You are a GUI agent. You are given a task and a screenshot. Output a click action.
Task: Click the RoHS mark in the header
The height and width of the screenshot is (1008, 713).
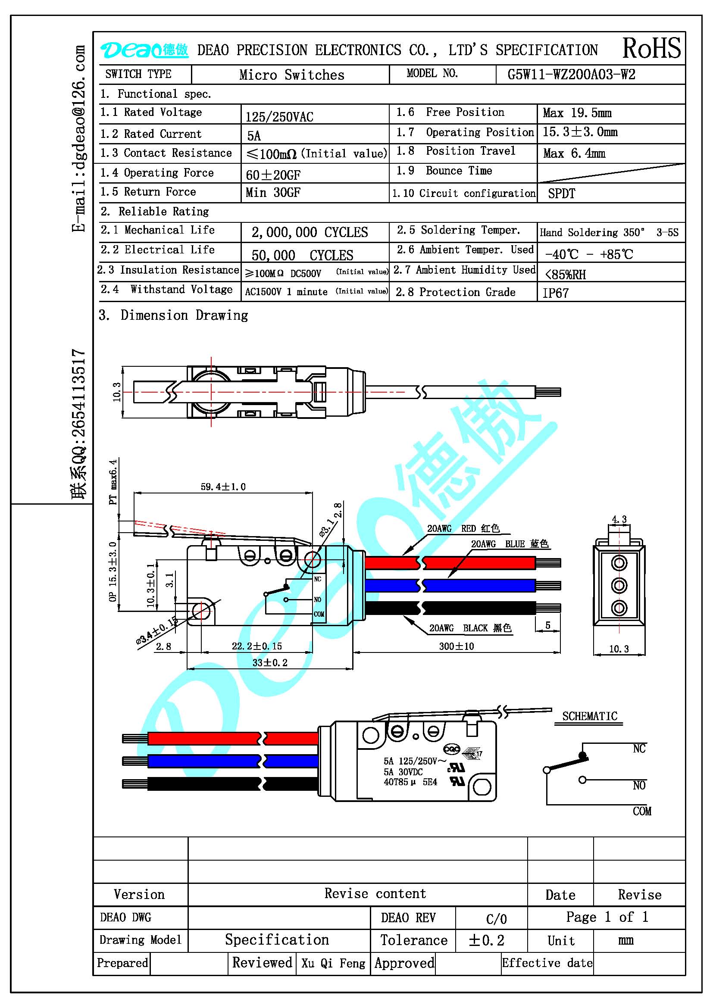click(651, 48)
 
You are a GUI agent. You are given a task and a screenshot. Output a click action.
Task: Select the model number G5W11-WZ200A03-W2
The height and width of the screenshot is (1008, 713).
click(571, 75)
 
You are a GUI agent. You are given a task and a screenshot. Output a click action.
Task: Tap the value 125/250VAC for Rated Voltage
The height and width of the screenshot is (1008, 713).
click(279, 117)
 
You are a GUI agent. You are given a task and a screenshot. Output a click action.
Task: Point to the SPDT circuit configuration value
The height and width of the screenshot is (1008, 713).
click(562, 193)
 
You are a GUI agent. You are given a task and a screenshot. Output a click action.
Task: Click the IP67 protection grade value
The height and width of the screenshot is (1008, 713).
click(555, 293)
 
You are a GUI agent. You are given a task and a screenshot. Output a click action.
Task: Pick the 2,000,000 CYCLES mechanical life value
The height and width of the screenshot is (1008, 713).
click(310, 232)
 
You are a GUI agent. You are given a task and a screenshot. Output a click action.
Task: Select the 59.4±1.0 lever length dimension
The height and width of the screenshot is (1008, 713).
click(223, 487)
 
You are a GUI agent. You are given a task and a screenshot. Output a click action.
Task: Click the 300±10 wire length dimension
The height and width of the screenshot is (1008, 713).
click(457, 646)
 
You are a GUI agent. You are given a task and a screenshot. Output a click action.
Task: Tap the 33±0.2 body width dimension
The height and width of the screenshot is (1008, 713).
click(269, 662)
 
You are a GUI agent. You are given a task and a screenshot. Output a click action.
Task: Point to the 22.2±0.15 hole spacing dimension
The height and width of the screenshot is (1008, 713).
click(257, 646)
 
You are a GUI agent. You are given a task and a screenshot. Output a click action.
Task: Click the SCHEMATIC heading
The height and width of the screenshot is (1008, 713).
click(590, 716)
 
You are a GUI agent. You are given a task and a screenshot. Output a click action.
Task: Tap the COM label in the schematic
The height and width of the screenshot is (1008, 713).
click(642, 811)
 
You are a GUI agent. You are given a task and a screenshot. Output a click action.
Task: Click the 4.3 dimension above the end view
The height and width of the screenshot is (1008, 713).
click(619, 519)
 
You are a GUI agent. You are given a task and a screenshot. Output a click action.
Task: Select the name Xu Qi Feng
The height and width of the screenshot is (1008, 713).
click(333, 963)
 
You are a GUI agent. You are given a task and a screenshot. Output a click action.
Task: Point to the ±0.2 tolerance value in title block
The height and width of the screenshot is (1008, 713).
click(486, 940)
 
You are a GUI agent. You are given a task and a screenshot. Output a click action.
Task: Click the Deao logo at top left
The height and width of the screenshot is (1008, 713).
click(144, 50)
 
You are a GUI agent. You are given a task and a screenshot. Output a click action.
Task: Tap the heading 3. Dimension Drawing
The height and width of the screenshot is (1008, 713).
click(173, 315)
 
